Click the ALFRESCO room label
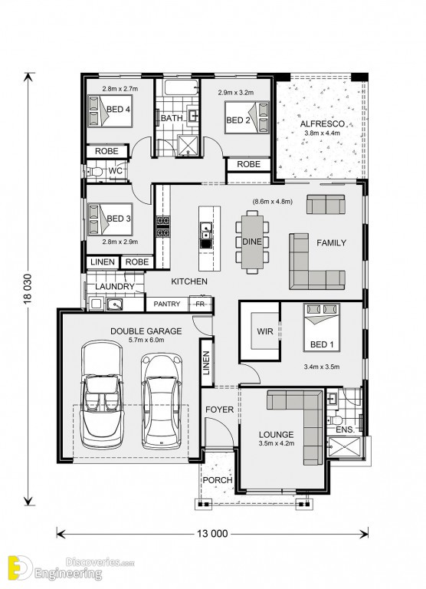(x=322, y=124)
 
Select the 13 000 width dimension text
(x=212, y=534)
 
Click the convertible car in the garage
(x=102, y=394)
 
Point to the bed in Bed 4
(x=110, y=110)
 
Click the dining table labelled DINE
(x=252, y=242)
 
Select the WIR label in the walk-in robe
(x=264, y=331)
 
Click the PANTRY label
(x=167, y=304)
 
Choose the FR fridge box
(x=200, y=304)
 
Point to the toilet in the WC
(x=95, y=172)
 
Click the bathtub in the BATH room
(x=181, y=87)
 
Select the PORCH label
(x=218, y=480)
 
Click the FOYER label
(x=219, y=410)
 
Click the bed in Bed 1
(x=321, y=327)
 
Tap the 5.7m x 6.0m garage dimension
(x=146, y=341)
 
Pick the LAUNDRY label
(x=114, y=287)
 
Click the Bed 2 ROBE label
(x=248, y=164)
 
